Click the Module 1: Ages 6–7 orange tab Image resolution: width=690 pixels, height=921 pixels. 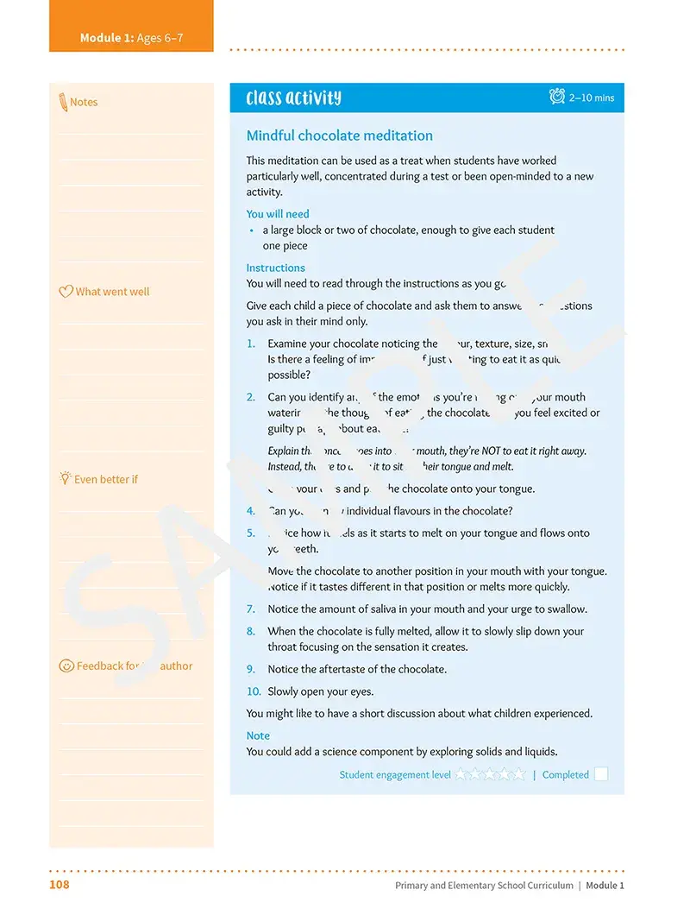[131, 38]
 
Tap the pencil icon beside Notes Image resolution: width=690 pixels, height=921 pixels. [63, 102]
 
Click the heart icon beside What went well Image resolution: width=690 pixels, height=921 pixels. [66, 292]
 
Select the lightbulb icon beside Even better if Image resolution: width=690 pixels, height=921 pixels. [65, 478]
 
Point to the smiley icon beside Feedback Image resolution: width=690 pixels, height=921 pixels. [66, 666]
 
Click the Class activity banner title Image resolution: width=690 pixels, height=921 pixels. [293, 98]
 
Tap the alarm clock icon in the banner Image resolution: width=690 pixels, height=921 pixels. [557, 97]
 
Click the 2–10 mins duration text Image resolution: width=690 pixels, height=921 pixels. [592, 98]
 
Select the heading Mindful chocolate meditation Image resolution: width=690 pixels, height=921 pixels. [339, 136]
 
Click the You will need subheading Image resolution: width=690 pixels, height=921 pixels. [277, 214]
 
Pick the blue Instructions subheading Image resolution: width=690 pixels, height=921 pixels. [275, 268]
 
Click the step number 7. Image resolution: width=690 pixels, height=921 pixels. [251, 609]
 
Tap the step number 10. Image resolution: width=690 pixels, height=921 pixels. [254, 691]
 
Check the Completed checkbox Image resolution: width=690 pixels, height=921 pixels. [601, 774]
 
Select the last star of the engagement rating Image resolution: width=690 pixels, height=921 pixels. [519, 774]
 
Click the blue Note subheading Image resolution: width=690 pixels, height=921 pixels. [258, 735]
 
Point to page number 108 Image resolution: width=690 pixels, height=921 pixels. [60, 885]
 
